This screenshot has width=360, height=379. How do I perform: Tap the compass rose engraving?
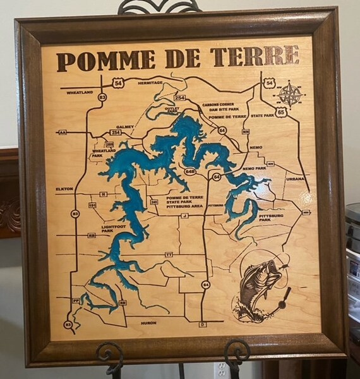(x=290, y=94)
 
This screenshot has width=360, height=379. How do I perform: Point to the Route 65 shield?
(x=281, y=112)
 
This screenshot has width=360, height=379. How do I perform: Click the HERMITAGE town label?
(x=150, y=83)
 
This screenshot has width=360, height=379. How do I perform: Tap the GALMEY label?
(x=125, y=126)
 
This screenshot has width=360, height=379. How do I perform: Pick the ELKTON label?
(x=64, y=188)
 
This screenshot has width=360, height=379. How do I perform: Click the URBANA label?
(x=295, y=179)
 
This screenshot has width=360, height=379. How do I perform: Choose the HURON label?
(x=148, y=323)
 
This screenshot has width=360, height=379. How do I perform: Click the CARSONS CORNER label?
(x=219, y=104)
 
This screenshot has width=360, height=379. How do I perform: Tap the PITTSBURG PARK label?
(x=270, y=217)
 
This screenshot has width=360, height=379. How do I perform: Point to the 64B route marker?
(x=190, y=171)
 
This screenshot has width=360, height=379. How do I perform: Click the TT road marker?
(x=169, y=254)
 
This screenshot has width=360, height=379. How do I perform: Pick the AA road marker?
(x=62, y=133)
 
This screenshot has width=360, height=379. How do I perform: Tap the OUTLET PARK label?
(x=172, y=110)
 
